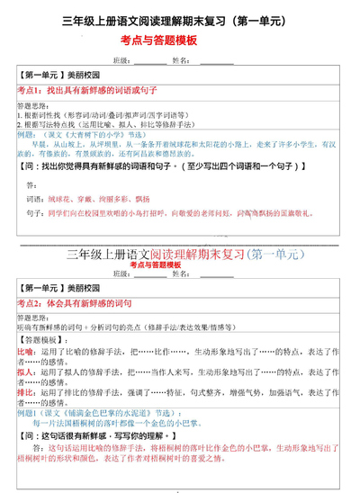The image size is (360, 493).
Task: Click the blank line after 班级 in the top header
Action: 149,62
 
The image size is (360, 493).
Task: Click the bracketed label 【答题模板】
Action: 41,341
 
